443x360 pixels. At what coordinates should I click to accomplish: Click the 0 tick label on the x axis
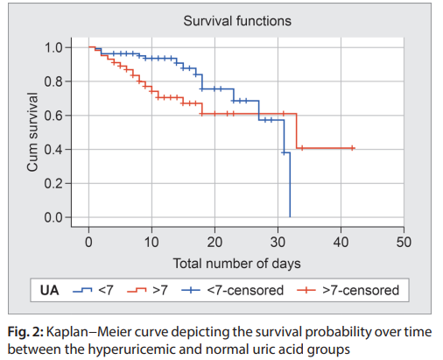pyautogui.click(x=88, y=241)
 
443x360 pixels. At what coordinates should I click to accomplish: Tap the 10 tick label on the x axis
pyautogui.click(x=151, y=241)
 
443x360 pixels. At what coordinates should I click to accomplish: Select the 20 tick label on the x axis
pyautogui.click(x=214, y=241)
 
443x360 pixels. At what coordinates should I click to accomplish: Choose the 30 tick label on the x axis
pyautogui.click(x=277, y=241)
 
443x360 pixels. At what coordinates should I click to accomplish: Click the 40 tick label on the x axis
pyautogui.click(x=340, y=241)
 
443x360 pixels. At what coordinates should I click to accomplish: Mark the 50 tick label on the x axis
pyautogui.click(x=403, y=241)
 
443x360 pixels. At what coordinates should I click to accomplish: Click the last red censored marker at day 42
pyautogui.click(x=352, y=148)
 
